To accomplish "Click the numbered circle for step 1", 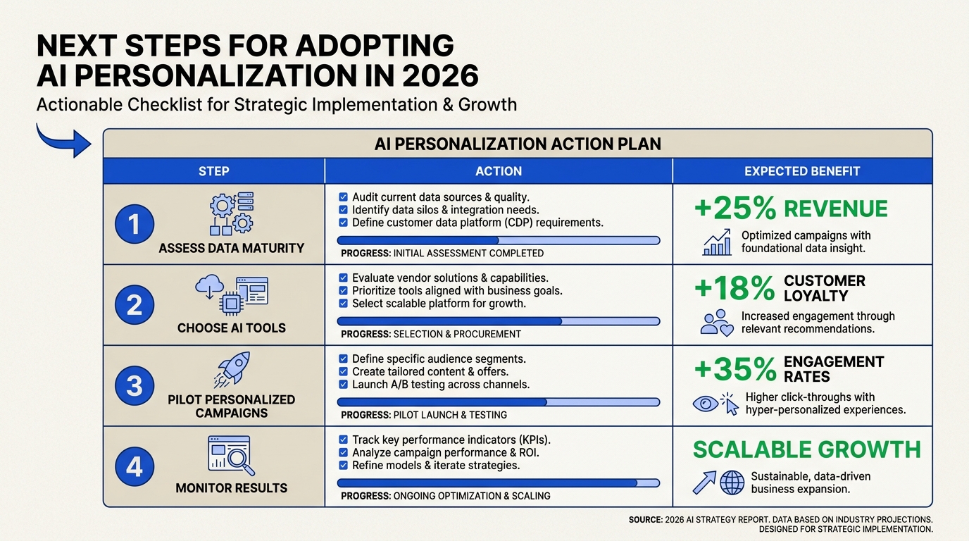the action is tap(135, 224).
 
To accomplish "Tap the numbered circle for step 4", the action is tap(135, 466).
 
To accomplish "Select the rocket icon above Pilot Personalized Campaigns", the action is tap(232, 369).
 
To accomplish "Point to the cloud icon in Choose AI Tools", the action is tap(209, 286).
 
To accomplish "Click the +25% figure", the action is tap(735, 209).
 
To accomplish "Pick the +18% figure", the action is tap(734, 288).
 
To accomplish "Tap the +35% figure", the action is tap(735, 369).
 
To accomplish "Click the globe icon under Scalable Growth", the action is tap(732, 483).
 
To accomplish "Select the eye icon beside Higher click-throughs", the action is tap(705, 404).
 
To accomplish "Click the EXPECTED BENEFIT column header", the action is tap(802, 171).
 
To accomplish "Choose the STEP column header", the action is tap(213, 171).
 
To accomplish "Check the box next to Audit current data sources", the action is tap(343, 197).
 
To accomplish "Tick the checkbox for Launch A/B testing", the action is tap(343, 385).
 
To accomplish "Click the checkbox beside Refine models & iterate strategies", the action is tap(343, 465).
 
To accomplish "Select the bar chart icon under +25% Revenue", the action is tap(717, 242).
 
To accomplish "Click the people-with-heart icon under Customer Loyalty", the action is tap(717, 323).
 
